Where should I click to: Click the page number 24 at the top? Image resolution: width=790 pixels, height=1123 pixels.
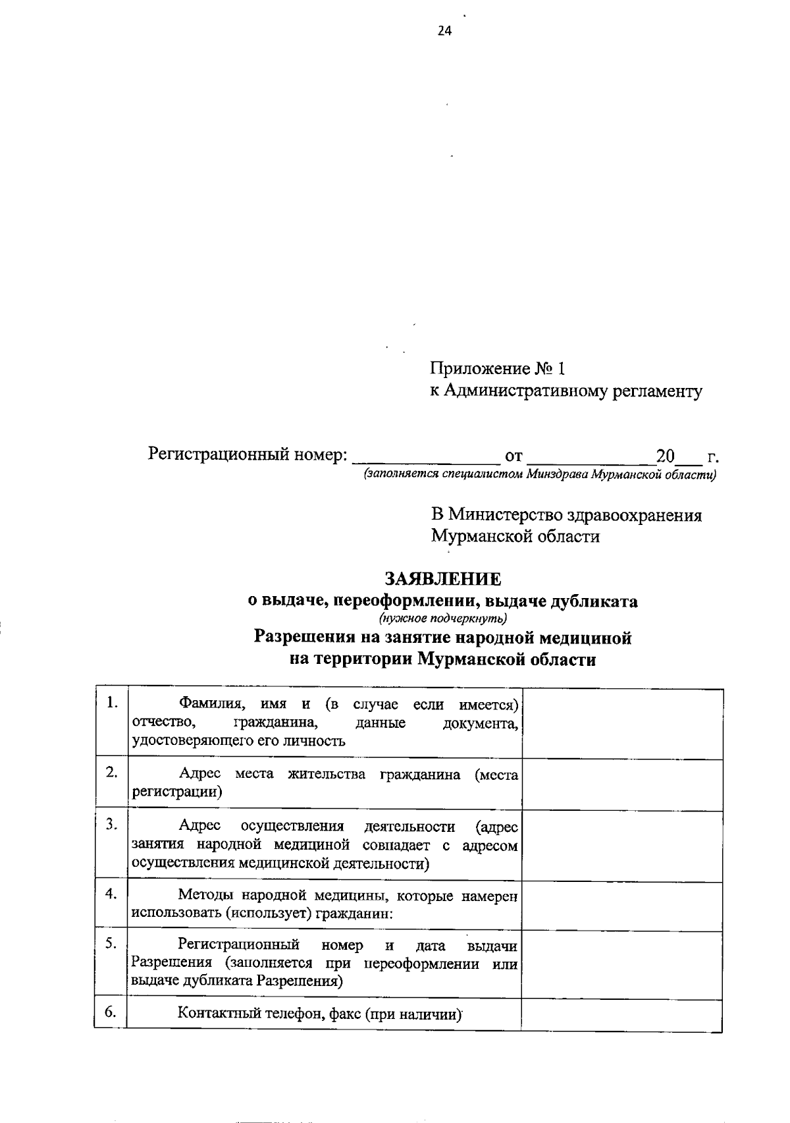tap(444, 31)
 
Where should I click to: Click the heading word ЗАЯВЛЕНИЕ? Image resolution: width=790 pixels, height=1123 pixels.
tap(442, 579)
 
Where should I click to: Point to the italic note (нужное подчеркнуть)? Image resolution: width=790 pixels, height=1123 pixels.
tap(442, 618)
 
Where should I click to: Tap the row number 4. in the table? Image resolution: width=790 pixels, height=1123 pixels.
tap(111, 893)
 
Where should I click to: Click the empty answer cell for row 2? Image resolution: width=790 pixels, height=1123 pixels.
tap(622, 784)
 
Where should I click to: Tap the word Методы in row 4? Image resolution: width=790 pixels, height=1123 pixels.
tap(205, 896)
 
